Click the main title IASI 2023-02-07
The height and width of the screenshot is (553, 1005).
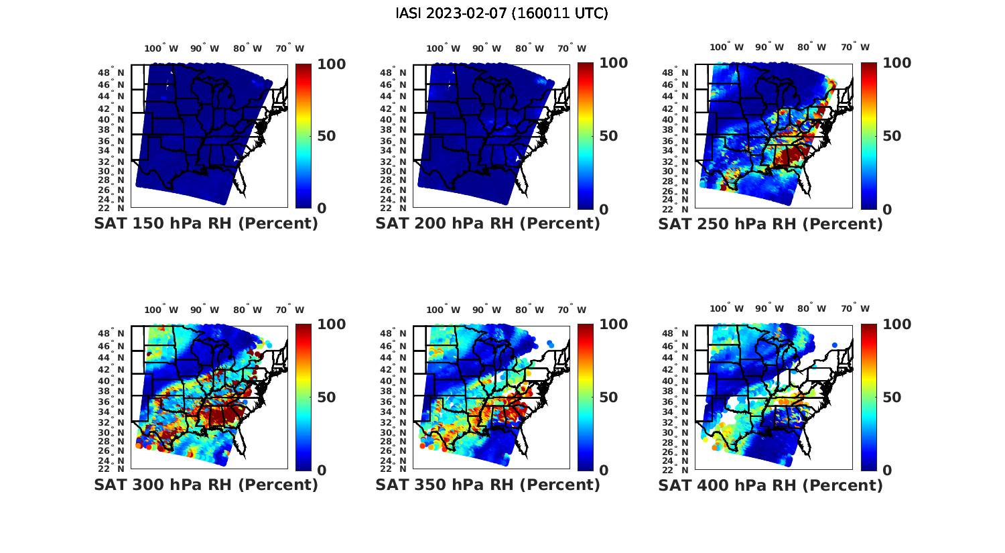tap(502, 13)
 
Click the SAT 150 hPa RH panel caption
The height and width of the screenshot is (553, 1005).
tap(206, 224)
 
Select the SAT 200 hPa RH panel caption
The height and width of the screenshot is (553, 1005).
tap(488, 224)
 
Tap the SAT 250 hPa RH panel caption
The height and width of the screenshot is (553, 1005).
tap(770, 224)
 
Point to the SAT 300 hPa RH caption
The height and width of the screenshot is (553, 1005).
tap(206, 485)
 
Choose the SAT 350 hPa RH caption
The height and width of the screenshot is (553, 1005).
tap(488, 485)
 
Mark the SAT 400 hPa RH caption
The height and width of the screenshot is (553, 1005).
tap(770, 485)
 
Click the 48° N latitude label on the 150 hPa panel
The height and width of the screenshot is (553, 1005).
tap(111, 72)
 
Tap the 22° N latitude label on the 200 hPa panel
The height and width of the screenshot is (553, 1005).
tap(393, 208)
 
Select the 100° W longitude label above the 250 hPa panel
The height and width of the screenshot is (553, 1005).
tap(726, 47)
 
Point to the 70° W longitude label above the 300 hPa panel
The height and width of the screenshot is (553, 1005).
tap(289, 310)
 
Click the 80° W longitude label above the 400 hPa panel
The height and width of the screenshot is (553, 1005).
tap(811, 308)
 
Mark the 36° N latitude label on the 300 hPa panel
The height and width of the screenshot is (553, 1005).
tap(111, 402)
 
